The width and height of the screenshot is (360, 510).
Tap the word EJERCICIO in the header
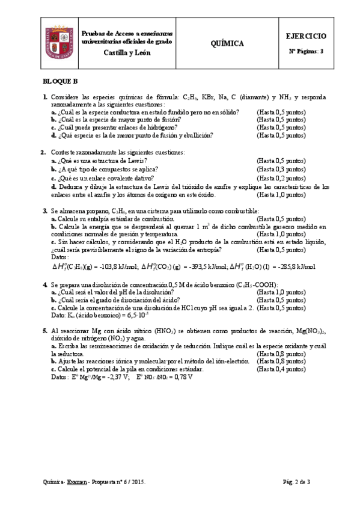click(x=307, y=37)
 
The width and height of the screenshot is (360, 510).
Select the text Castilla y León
click(x=127, y=53)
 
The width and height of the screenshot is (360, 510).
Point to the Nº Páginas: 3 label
click(x=306, y=51)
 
